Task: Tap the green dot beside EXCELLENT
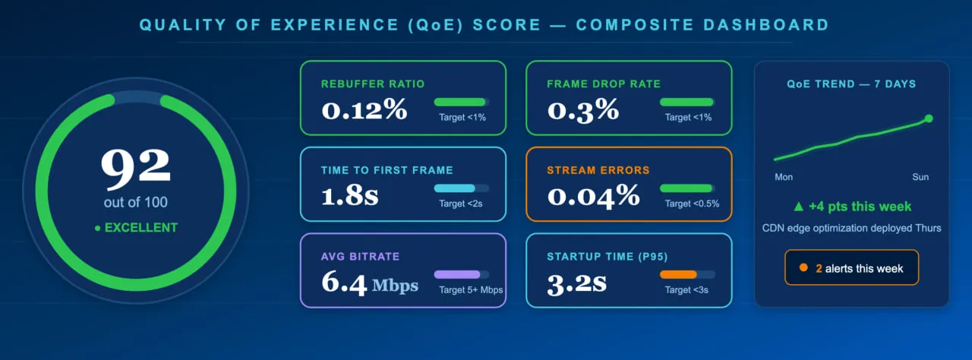click(x=97, y=228)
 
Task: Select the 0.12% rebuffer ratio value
click(x=364, y=110)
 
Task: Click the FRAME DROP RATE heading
click(x=604, y=84)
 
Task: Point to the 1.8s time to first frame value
click(x=350, y=196)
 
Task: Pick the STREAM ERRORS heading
click(x=598, y=170)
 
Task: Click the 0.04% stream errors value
click(x=594, y=196)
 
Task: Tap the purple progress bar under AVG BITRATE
click(x=457, y=274)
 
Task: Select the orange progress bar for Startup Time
click(x=678, y=274)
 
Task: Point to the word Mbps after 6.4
click(x=395, y=286)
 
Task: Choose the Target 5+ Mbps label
click(x=471, y=289)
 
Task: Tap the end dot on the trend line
click(x=929, y=118)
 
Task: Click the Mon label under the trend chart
click(x=784, y=177)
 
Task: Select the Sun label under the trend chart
click(x=920, y=177)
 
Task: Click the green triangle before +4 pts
click(x=797, y=207)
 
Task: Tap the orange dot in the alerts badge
click(x=803, y=268)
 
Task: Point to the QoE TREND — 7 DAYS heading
click(x=851, y=84)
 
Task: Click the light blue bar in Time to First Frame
click(x=454, y=188)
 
